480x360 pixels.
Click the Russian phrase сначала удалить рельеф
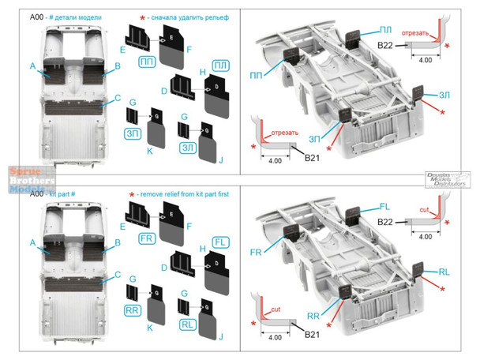click(x=178, y=9)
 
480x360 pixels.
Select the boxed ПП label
click(x=147, y=62)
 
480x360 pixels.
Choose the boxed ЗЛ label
click(x=188, y=147)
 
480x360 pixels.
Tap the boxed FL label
click(x=222, y=239)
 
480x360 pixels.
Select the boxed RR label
click(x=133, y=310)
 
